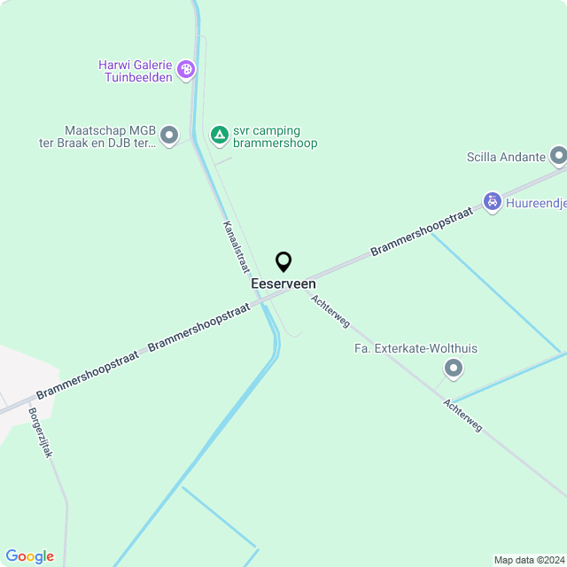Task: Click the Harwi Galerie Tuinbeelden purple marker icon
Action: tap(186, 69)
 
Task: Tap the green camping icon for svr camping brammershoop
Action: tap(219, 135)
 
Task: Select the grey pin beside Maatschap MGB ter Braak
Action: tap(169, 135)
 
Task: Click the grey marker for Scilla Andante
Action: tap(558, 157)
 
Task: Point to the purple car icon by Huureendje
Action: tap(492, 202)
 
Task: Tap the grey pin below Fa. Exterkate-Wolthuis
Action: tap(454, 368)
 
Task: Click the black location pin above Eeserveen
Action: tap(283, 262)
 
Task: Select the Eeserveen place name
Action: tap(283, 283)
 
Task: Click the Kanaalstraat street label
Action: tap(235, 246)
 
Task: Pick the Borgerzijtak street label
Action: tap(41, 432)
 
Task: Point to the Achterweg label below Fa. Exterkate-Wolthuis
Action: tap(463, 415)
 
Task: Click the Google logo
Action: tap(30, 556)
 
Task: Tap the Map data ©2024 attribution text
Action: tap(528, 560)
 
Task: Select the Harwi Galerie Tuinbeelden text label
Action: tap(136, 70)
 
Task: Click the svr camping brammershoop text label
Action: tap(275, 136)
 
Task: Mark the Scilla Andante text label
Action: tap(506, 158)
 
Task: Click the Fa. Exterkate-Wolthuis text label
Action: tap(416, 348)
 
